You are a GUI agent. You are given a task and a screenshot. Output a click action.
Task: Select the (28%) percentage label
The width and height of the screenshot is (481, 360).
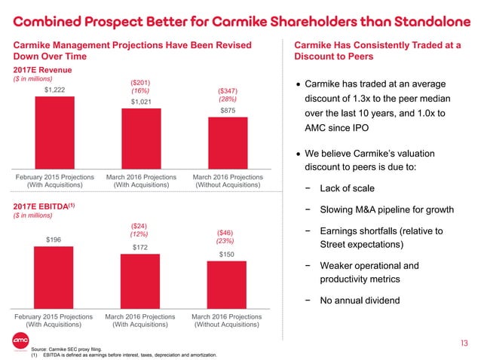(x=227, y=99)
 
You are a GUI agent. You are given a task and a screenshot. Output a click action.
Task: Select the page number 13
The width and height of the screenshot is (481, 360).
(x=464, y=343)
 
